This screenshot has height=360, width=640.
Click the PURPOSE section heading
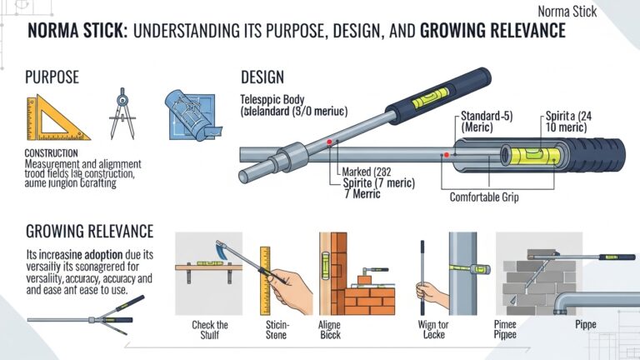(52, 77)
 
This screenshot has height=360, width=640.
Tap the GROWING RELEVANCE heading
(90, 231)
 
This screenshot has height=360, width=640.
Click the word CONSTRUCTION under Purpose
(52, 153)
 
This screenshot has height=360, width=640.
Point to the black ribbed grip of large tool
(597, 154)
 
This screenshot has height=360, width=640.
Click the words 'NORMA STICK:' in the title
(77, 32)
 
